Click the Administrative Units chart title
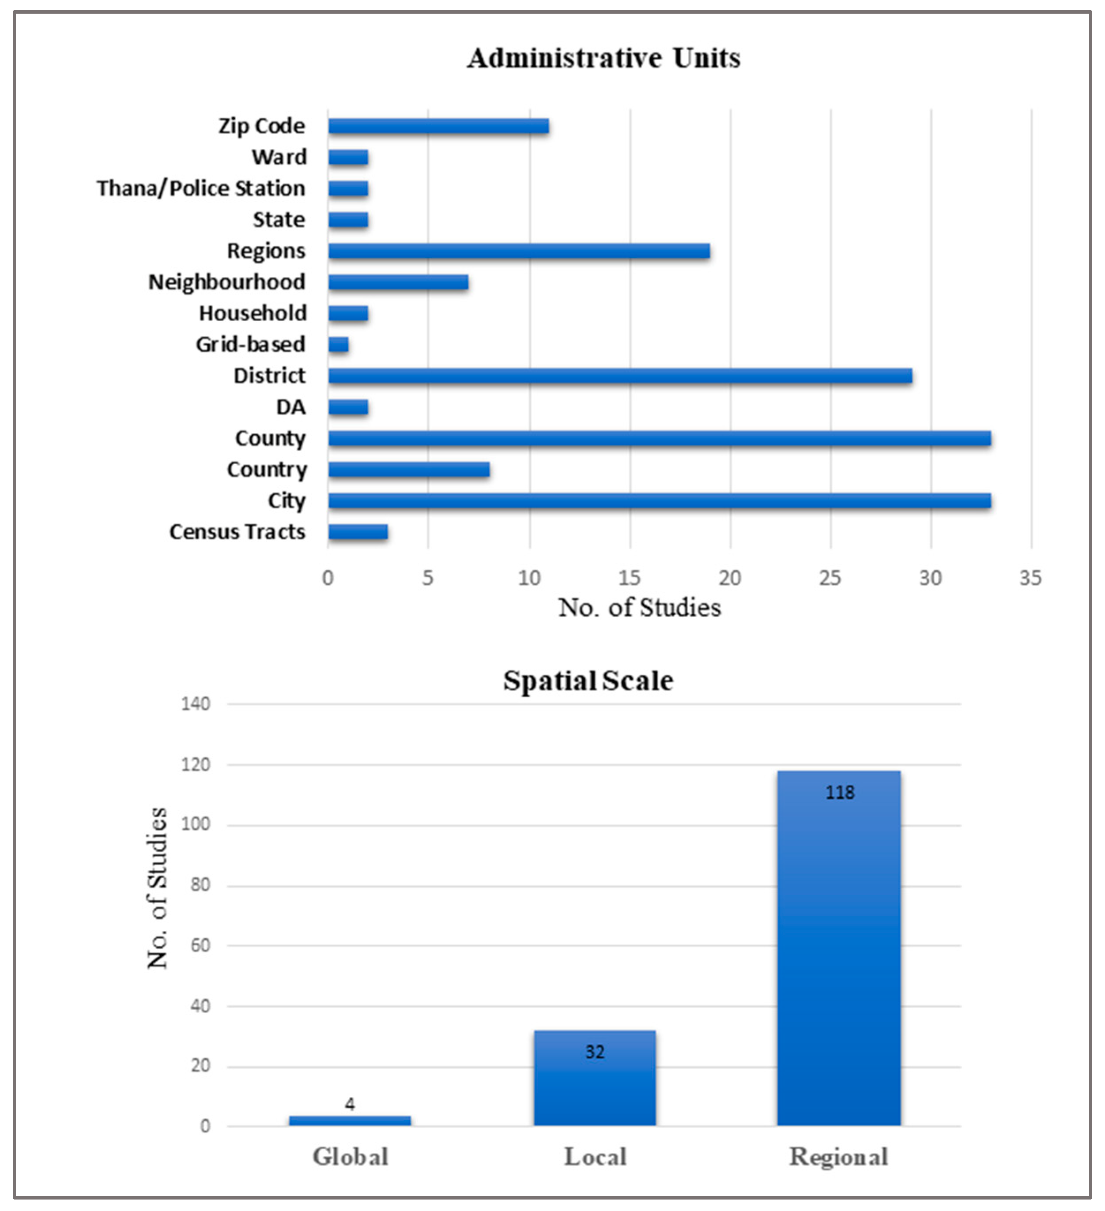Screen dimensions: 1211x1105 [603, 58]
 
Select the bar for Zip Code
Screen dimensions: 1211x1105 [438, 126]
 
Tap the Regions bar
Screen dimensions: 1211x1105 [519, 251]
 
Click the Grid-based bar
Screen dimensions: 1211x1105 [338, 345]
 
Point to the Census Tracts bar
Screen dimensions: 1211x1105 [358, 532]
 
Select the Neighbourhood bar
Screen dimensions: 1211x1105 [398, 282]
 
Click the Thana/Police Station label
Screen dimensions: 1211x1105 [201, 188]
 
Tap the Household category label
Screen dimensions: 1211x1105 [253, 313]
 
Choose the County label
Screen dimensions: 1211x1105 [270, 439]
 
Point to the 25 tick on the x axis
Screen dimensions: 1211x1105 [830, 578]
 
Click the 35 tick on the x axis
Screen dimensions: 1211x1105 [1030, 578]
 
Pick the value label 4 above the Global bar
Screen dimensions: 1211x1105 [350, 1104]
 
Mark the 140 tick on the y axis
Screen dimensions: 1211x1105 [196, 703]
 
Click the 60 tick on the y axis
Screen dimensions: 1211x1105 [200, 945]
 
